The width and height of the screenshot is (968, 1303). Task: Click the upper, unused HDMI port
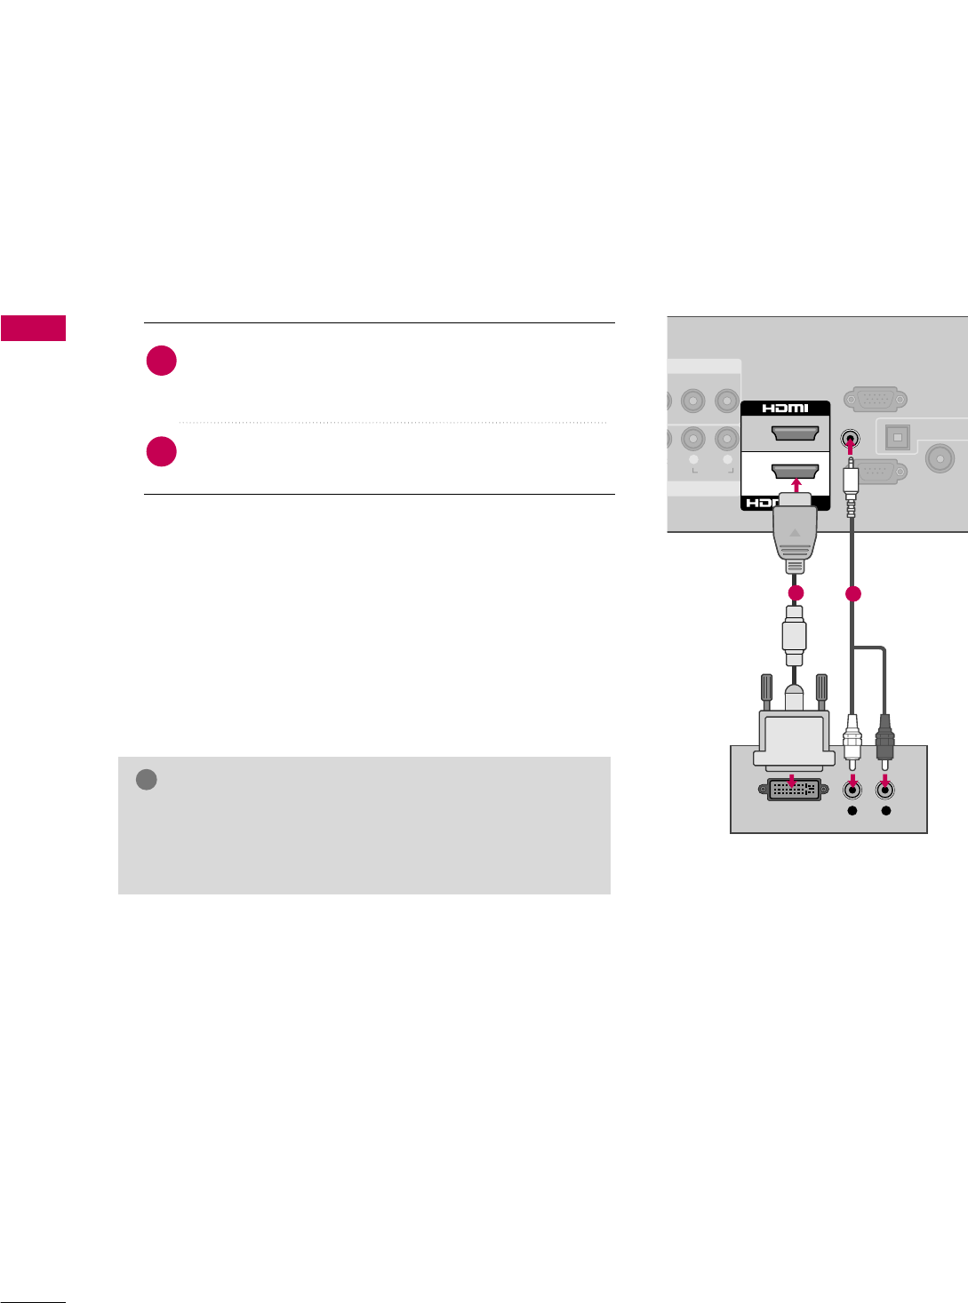(795, 433)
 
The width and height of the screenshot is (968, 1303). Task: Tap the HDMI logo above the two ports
(785, 409)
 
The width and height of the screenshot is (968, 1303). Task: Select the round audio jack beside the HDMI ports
(850, 439)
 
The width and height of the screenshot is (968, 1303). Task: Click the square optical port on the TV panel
(897, 438)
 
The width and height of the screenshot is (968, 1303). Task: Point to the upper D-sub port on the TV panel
(876, 400)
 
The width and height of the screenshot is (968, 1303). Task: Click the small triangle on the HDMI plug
(796, 534)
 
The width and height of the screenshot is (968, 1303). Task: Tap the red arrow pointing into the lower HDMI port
(796, 485)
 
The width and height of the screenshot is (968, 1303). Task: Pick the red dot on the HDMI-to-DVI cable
(796, 592)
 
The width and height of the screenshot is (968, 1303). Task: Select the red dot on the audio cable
(853, 594)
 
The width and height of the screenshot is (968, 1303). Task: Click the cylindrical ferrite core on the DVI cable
(794, 635)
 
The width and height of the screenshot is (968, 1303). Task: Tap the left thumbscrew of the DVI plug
(766, 690)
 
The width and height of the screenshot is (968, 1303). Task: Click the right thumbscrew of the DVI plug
(821, 690)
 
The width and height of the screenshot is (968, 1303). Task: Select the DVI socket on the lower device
(794, 789)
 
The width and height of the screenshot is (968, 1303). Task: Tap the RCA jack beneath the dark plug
(885, 787)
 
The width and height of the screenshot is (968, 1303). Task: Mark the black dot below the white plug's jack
(852, 811)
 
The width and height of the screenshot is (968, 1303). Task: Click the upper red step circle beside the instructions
(162, 362)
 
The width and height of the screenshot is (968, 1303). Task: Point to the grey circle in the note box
(147, 780)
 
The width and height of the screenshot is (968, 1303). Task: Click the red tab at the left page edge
(33, 328)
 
